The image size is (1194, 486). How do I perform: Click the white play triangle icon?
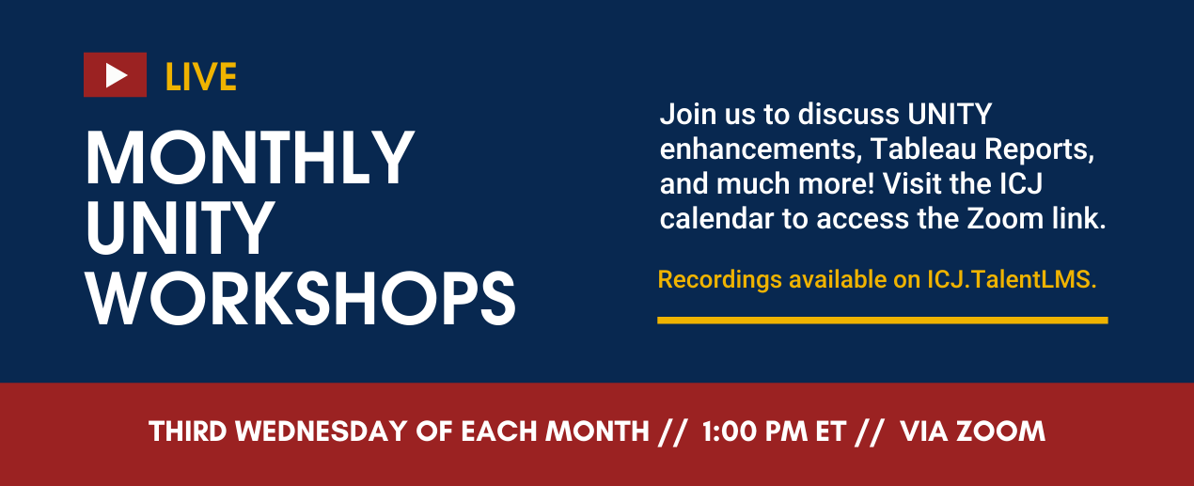pos(116,74)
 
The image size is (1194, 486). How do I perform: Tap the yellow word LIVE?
pos(201,77)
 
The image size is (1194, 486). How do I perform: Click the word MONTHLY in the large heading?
pos(249,158)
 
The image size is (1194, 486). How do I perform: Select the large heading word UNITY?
pos(181,228)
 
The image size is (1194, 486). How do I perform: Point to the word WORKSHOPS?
pos(301,298)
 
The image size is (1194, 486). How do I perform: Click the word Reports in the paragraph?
pos(1040,149)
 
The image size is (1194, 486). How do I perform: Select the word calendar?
pos(716,218)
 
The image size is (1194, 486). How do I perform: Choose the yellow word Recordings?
pos(719,280)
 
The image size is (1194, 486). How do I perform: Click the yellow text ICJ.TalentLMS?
pos(1012,279)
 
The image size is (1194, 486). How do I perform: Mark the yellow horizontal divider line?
pos(883,321)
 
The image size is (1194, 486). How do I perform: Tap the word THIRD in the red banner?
pos(188,431)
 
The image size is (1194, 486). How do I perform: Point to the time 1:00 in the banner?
pos(730,431)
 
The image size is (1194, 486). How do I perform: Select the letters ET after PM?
pos(830,431)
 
